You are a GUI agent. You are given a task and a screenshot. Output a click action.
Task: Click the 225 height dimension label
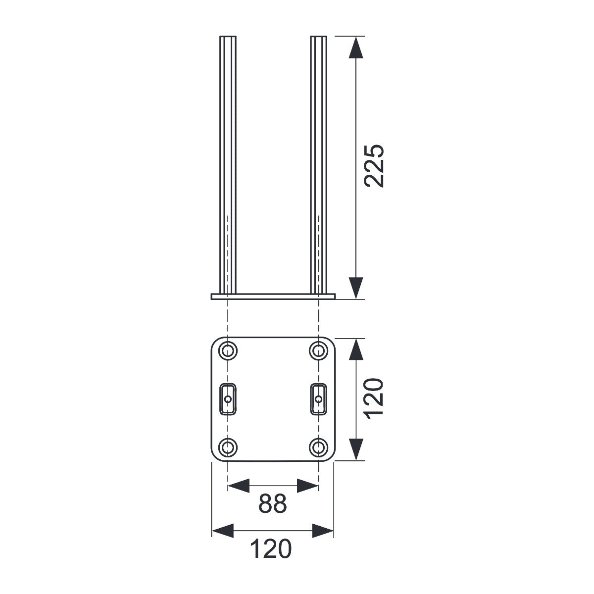coord(374,166)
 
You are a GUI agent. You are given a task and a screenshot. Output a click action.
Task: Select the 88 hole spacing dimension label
coord(272,504)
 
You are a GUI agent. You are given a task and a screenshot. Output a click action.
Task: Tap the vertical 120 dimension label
coord(374,398)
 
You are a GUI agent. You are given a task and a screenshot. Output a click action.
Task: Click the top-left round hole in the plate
coord(228,350)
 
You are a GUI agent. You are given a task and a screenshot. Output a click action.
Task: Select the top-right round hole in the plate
coord(318,350)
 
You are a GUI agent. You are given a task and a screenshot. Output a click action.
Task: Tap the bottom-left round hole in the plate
coord(228,446)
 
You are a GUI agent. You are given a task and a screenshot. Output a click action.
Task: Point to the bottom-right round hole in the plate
coord(318,446)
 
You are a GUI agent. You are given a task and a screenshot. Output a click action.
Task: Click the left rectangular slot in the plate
coord(228,399)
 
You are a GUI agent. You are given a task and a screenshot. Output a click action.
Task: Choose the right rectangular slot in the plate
coord(318,399)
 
